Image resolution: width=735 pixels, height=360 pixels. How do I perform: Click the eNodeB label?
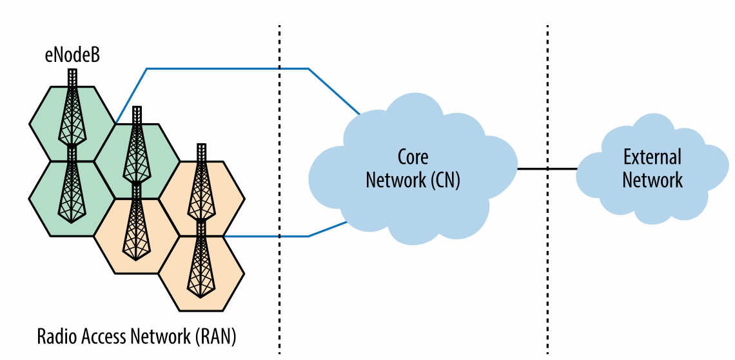[x=72, y=55]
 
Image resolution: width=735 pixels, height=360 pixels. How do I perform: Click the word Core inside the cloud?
[x=413, y=157]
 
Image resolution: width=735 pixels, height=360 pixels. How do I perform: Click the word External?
[x=652, y=157]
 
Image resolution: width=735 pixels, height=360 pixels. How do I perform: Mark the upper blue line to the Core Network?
[x=226, y=68]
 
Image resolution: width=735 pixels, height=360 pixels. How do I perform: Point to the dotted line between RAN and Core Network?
[x=279, y=290]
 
